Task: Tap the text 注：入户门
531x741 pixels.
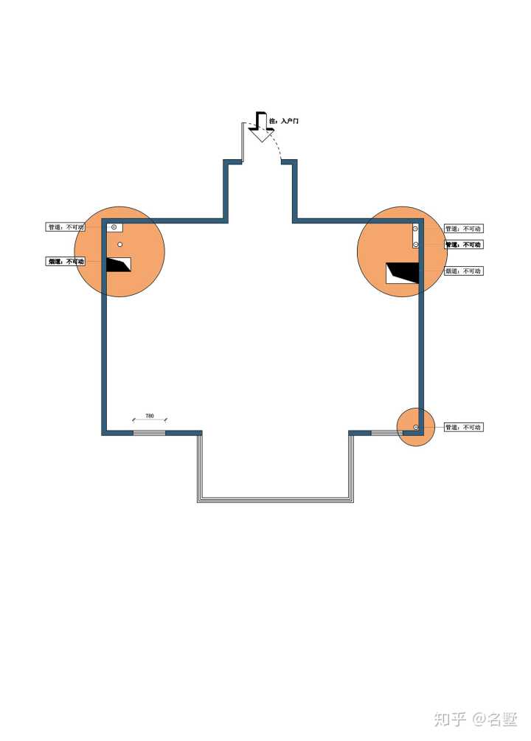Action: pyautogui.click(x=284, y=120)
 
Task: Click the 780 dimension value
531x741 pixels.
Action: pyautogui.click(x=150, y=416)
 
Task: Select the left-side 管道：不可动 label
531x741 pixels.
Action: pyautogui.click(x=66, y=227)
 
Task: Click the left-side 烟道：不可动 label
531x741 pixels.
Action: pyautogui.click(x=66, y=261)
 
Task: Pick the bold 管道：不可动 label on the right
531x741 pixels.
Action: pyautogui.click(x=463, y=244)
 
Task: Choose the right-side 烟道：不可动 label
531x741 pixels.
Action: pyautogui.click(x=463, y=271)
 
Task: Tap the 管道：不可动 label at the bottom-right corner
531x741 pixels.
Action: pyautogui.click(x=463, y=427)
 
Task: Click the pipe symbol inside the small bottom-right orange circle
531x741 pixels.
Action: pyautogui.click(x=416, y=428)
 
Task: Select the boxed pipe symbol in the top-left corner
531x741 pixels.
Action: pyautogui.click(x=115, y=227)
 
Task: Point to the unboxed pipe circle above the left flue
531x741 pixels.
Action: pyautogui.click(x=120, y=244)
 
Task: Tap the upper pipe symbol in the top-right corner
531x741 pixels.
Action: pyautogui.click(x=416, y=230)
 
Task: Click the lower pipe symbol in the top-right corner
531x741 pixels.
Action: pyautogui.click(x=416, y=244)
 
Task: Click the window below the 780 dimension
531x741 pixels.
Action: pyautogui.click(x=149, y=432)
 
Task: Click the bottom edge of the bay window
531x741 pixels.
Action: pyautogui.click(x=275, y=500)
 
